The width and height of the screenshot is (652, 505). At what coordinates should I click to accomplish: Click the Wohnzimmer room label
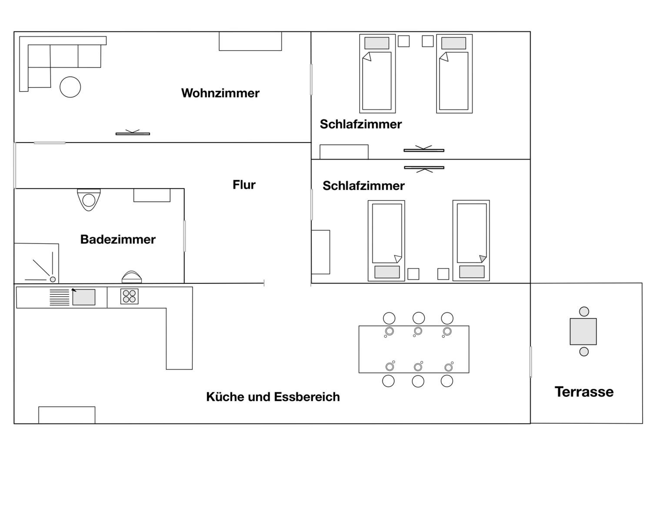pyautogui.click(x=220, y=93)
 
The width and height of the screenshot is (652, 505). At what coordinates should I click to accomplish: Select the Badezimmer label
pyautogui.click(x=118, y=239)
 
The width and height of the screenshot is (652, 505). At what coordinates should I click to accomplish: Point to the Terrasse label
pyautogui.click(x=584, y=392)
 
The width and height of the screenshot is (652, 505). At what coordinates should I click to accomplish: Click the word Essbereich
pyautogui.click(x=307, y=397)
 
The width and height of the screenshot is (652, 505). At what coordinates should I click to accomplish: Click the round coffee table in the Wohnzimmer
pyautogui.click(x=70, y=87)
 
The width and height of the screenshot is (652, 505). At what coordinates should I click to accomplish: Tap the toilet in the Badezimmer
pyautogui.click(x=89, y=200)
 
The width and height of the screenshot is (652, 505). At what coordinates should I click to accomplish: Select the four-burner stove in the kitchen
pyautogui.click(x=129, y=296)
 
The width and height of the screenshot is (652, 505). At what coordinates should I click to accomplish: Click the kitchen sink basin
pyautogui.click(x=84, y=297)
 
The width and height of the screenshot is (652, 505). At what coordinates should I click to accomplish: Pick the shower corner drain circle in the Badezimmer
pyautogui.click(x=53, y=279)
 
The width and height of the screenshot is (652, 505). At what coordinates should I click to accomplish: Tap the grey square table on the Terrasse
pyautogui.click(x=583, y=331)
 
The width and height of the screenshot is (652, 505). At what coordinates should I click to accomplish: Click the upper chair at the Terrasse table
pyautogui.click(x=584, y=312)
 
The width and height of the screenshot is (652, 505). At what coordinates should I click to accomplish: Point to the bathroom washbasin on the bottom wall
pyautogui.click(x=132, y=277)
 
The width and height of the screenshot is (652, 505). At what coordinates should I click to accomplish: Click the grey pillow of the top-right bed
pyautogui.click(x=454, y=43)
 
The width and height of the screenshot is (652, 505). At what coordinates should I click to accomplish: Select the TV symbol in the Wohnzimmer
pyautogui.click(x=133, y=133)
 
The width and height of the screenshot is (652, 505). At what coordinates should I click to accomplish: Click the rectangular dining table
pyautogui.click(x=414, y=349)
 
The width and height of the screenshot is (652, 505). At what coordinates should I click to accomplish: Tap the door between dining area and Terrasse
pyautogui.click(x=531, y=362)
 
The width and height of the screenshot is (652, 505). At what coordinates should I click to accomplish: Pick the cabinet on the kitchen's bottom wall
pyautogui.click(x=67, y=415)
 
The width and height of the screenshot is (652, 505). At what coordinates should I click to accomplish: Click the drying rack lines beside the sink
pyautogui.click(x=59, y=297)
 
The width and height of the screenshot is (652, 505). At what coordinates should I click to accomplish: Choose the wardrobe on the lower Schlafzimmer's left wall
pyautogui.click(x=321, y=252)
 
